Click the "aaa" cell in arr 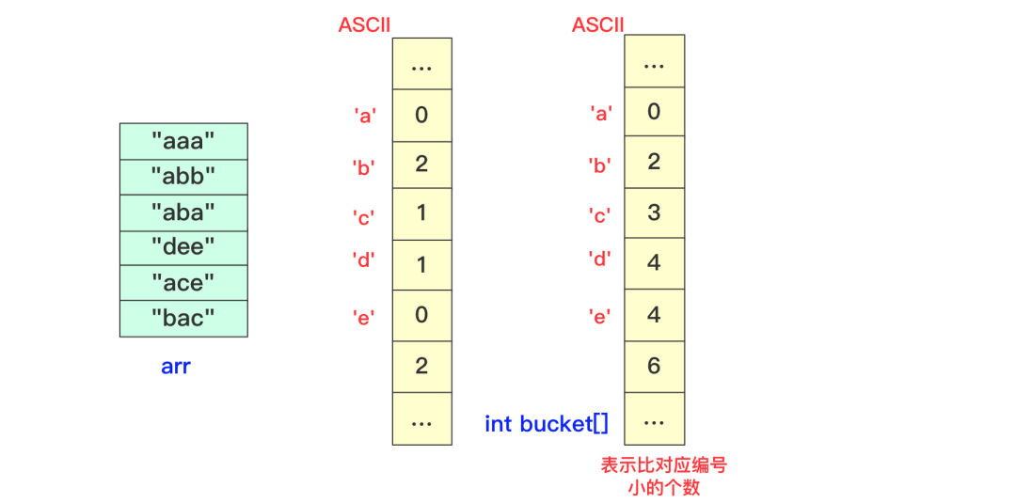183,141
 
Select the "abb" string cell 183,177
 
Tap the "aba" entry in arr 183,212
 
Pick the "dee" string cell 183,247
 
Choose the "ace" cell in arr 183,283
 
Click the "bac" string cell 183,318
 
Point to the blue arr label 176,367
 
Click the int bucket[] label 547,424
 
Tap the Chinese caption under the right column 664,476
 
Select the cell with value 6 655,366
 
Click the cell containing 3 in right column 655,212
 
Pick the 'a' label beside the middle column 365,116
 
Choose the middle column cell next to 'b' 421,165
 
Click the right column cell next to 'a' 655,112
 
